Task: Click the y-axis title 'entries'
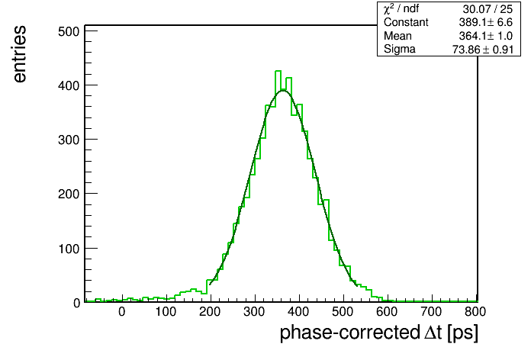[x=20, y=54]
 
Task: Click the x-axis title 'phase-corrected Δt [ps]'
[x=379, y=333]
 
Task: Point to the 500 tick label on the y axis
[x=69, y=31]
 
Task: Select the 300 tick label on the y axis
[x=69, y=140]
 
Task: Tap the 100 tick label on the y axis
[x=69, y=249]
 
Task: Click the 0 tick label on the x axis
[x=122, y=312]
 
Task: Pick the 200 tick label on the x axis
[x=210, y=312]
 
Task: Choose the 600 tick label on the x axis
[x=387, y=312]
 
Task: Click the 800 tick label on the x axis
[x=475, y=312]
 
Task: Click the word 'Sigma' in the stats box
[x=400, y=49]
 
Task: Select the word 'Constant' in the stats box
[x=406, y=22]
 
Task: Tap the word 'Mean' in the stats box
[x=397, y=36]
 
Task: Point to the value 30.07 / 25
[x=488, y=9]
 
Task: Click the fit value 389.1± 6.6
[x=486, y=22]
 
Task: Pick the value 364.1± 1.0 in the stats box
[x=486, y=36]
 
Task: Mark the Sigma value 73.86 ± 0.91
[x=483, y=50]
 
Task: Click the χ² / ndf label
[x=401, y=8]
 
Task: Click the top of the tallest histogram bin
[x=278, y=71]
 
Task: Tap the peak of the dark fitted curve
[x=283, y=91]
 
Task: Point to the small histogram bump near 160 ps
[x=193, y=289]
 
